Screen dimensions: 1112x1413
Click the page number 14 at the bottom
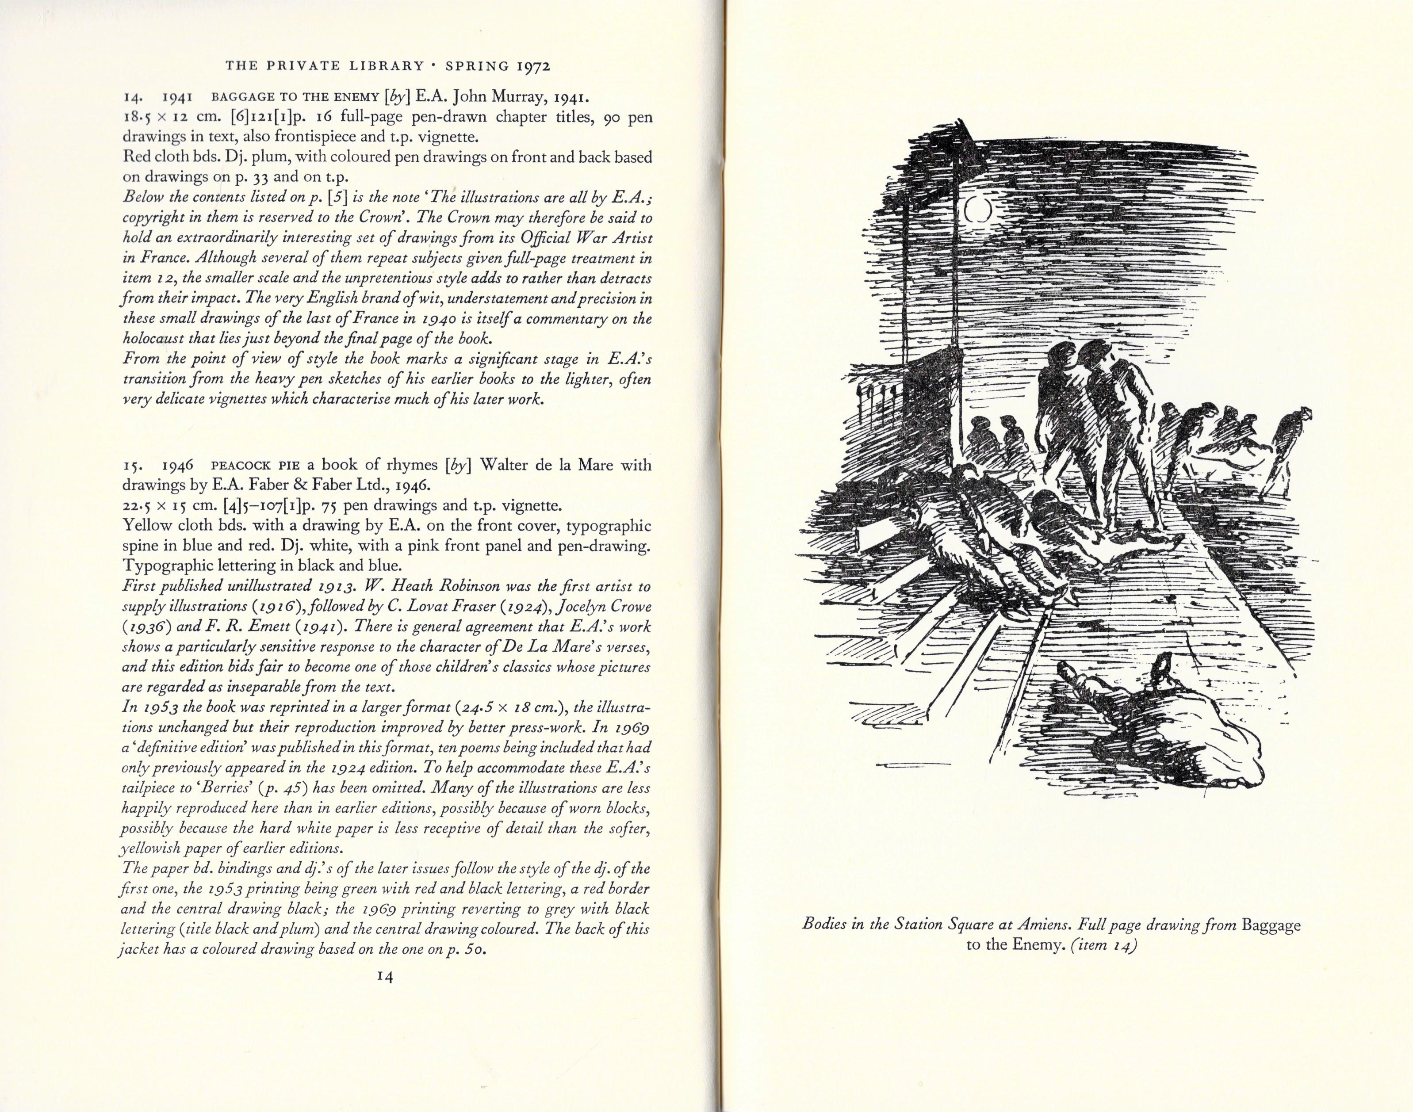tap(385, 977)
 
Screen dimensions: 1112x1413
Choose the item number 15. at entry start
tap(131, 466)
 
